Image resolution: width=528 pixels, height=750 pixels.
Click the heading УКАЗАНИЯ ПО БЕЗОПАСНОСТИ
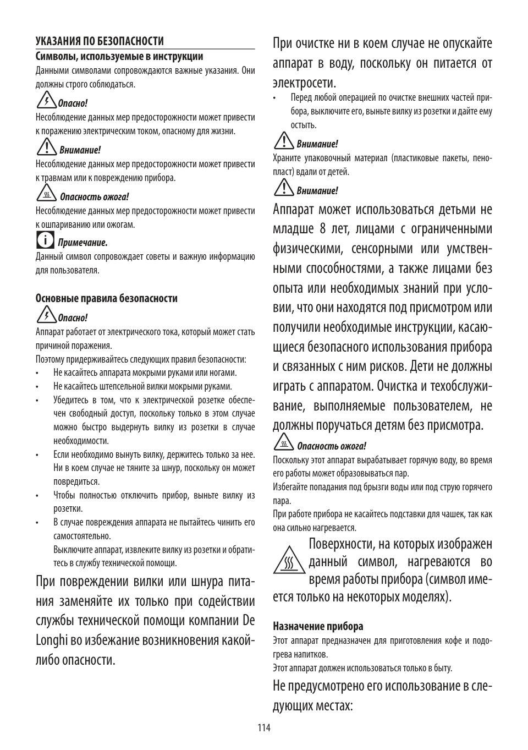pos(100,41)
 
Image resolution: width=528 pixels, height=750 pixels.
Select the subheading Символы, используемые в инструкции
pos(119,56)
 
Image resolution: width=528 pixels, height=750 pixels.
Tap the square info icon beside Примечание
pos(45,240)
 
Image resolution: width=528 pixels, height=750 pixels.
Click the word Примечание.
pos(82,242)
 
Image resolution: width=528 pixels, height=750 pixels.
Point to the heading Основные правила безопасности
pos(107,298)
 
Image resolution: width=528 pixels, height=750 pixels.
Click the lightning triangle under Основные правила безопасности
pos(46,316)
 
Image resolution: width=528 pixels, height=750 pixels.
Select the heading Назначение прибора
pos(318,626)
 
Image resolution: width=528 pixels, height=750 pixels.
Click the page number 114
pos(264,727)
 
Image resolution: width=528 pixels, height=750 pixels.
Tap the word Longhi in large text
pos(51,640)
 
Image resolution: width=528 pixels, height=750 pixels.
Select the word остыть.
pos(304,125)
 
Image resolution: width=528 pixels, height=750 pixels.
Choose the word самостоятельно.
pos(82,536)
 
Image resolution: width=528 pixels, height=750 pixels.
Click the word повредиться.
pos(76,481)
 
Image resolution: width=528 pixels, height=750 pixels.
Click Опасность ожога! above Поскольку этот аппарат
pos(331,446)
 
